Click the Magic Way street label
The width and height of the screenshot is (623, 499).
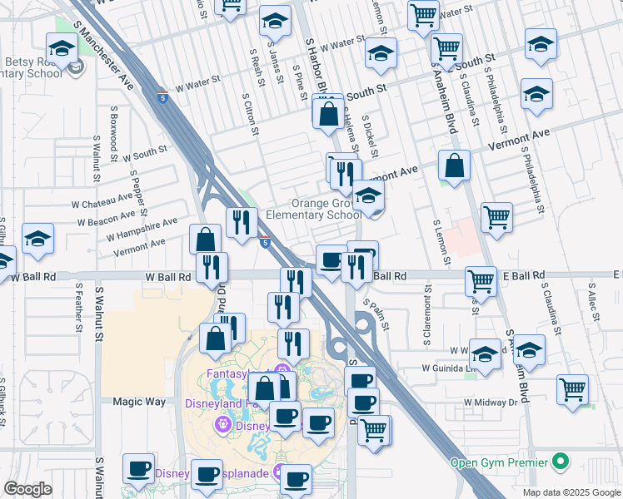coord(139,402)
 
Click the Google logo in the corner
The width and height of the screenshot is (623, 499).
coord(27,489)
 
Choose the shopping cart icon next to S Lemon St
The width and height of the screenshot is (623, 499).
coord(496,217)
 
